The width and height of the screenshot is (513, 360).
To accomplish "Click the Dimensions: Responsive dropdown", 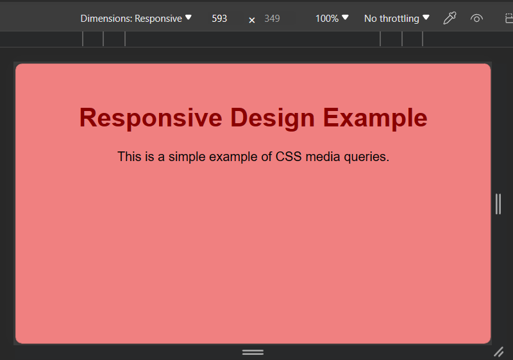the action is (136, 19).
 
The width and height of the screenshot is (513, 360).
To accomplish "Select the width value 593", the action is (219, 19).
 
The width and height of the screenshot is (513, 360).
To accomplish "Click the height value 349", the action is (272, 19).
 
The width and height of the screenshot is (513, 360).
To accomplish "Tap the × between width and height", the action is (251, 21).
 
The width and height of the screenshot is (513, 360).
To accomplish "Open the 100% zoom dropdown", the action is (332, 19).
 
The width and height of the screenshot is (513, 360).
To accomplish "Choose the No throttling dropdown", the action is (396, 19).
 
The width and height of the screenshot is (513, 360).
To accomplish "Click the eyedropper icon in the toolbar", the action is (450, 18).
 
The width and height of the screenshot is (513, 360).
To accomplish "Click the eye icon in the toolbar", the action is (476, 19).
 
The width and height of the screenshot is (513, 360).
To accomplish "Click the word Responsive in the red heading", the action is (151, 119).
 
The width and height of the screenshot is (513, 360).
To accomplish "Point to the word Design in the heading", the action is (273, 119).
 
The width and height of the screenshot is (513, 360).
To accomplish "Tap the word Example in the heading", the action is (375, 119).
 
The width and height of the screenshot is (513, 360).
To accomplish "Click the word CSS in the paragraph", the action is (289, 157).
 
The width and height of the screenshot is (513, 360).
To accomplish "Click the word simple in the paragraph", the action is (187, 157).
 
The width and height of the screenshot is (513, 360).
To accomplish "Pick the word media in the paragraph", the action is (323, 157).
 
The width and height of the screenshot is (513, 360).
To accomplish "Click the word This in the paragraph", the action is (130, 157).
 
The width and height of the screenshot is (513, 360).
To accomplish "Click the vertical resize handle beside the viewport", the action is (498, 204).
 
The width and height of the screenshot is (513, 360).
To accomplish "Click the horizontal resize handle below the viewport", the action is (253, 352).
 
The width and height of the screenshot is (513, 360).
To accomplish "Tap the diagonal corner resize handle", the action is (499, 352).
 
